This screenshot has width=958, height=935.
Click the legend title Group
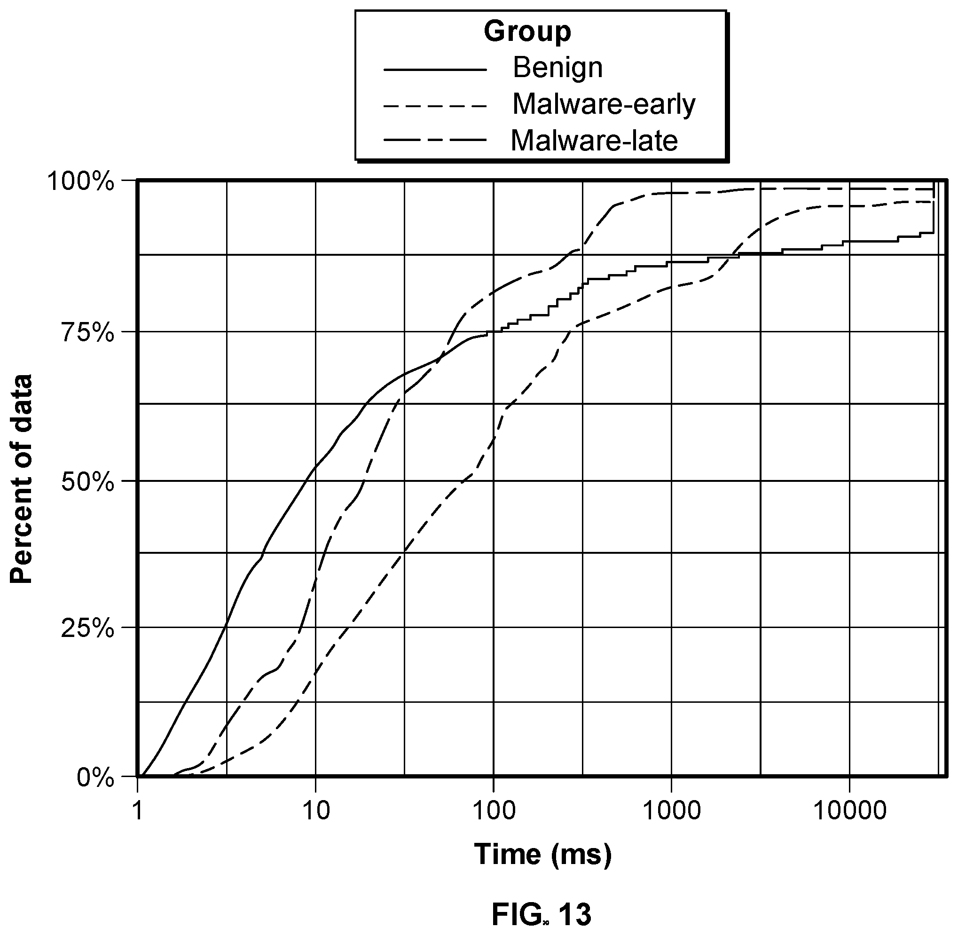pos(527,32)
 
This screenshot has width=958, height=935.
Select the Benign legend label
pos(558,68)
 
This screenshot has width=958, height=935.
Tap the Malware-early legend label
pos(604,105)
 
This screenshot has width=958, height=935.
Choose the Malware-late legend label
pos(594,141)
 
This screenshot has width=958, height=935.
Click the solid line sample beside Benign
pos(435,70)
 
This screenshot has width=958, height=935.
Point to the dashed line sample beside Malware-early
pos(435,106)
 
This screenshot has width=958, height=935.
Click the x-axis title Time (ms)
pos(542,855)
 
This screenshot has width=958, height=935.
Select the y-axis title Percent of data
pos(22,479)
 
